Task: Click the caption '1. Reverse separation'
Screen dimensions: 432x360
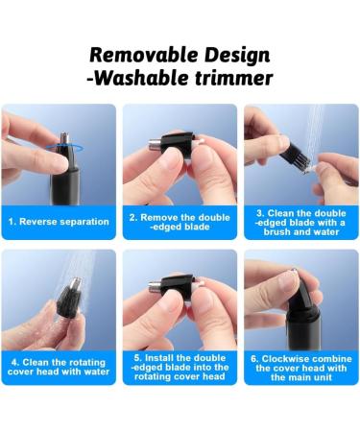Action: [x=59, y=222]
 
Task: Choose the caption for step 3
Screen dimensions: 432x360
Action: [x=300, y=223]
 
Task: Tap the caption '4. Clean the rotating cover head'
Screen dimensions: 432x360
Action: [x=59, y=367]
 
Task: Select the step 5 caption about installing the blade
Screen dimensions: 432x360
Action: [x=180, y=367]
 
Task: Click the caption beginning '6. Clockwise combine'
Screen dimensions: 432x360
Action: [x=300, y=367]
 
